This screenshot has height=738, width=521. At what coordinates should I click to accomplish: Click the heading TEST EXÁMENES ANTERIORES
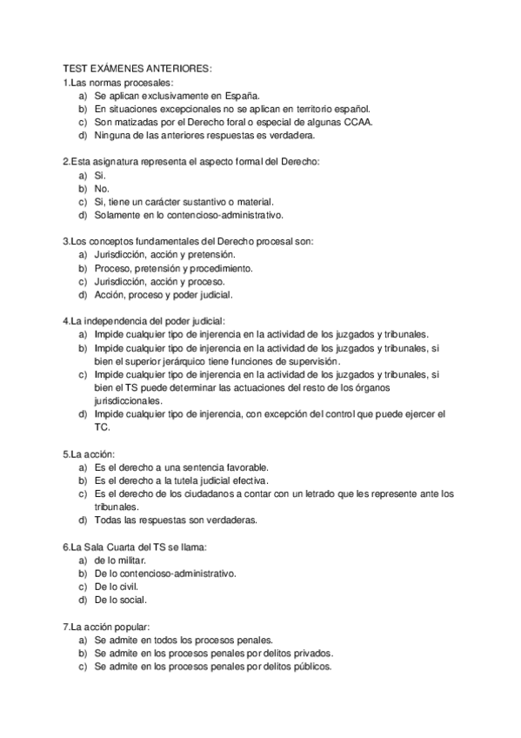(137, 69)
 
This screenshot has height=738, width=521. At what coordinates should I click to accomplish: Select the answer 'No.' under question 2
(102, 189)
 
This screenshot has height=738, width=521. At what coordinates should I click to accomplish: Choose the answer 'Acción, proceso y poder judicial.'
(163, 295)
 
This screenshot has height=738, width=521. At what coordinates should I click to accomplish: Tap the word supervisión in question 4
(312, 361)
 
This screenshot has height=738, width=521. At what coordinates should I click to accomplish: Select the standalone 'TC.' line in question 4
(102, 427)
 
